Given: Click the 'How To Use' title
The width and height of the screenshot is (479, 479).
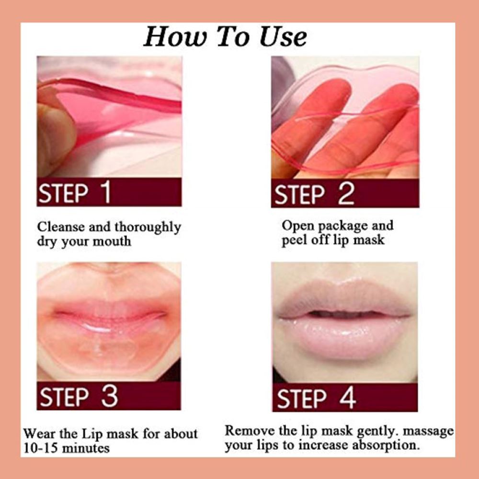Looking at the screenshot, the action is pos(225,37).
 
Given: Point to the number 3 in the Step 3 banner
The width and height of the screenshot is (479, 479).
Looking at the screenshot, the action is pos(109,396).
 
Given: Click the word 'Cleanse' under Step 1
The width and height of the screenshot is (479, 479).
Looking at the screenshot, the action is pos(61,227).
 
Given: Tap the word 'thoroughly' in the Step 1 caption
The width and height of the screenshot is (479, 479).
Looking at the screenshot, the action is pos(148,228).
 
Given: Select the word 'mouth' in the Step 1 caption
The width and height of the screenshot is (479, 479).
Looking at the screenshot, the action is pos(112,241).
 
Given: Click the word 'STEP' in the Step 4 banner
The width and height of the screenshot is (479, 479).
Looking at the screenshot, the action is pos(301,399).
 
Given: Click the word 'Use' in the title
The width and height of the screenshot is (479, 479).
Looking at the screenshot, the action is pos(283,37).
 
